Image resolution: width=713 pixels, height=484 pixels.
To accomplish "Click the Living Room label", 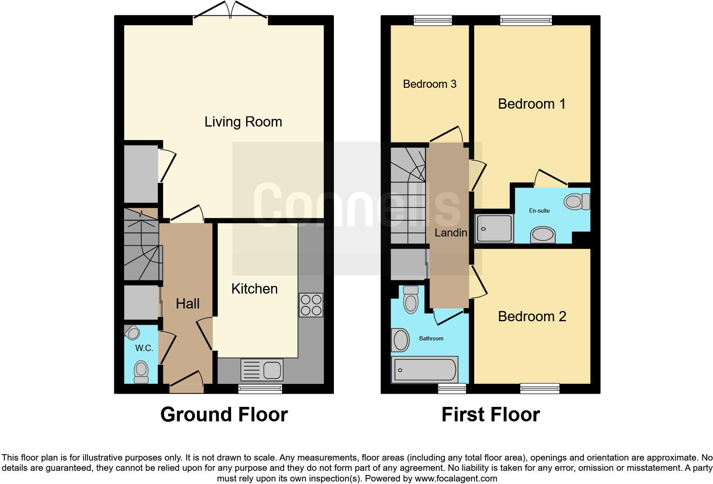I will pos(243,122).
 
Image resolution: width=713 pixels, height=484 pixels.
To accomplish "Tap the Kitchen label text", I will pos(254,289).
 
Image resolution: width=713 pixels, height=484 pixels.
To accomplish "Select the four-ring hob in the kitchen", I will pos(311,305).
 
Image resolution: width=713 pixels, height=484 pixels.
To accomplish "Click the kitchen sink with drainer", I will pos(262,370).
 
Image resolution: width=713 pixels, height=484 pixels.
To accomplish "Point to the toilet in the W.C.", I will pos(141,372).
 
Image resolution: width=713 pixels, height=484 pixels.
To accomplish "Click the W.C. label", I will pos(144,348).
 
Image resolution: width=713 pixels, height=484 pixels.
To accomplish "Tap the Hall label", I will pos(188,304).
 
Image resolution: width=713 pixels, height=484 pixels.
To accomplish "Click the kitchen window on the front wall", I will pos(260,388).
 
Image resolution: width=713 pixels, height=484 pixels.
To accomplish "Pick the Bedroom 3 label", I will pos(429,84).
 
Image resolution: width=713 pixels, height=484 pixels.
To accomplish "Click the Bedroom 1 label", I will pos(532,104).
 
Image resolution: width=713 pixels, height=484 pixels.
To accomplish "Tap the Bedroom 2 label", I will pos(532,317).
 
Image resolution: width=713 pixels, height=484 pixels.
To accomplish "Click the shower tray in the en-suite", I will pos(494,229).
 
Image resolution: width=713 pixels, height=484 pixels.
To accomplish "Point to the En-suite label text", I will pos(539,210).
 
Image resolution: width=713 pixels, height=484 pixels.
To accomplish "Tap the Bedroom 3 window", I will pos(433,20).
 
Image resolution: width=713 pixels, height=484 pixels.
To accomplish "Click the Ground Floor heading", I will pos(224,415).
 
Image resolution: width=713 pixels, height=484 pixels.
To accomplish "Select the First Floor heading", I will pos(490,415).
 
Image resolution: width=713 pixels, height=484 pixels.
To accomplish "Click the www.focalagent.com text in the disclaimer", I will pos(456,478).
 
